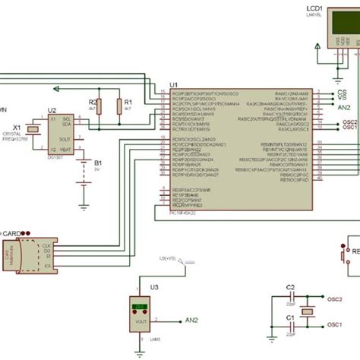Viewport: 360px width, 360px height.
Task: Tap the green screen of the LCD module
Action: [x=337, y=30]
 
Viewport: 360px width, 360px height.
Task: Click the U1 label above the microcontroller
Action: [x=173, y=84]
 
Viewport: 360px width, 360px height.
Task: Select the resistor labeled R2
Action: [x=94, y=109]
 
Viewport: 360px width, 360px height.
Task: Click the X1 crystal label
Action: [x=17, y=128]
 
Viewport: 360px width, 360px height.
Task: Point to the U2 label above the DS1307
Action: [x=52, y=110]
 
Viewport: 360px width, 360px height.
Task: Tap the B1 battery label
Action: [x=97, y=163]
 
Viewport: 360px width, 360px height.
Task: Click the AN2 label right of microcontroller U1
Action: [x=344, y=108]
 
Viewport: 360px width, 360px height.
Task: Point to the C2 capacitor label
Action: [x=289, y=286]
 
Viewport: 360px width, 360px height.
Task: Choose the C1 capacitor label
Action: [x=289, y=317]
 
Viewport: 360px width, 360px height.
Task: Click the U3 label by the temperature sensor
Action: [x=155, y=286]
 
